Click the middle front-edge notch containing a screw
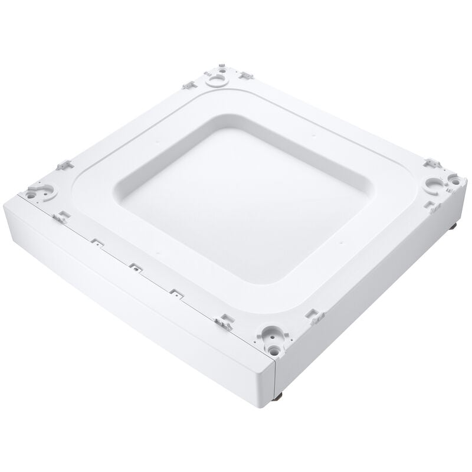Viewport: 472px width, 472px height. [135, 267]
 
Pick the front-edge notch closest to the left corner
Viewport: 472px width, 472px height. [94, 241]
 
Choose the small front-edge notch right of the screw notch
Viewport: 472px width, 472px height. [174, 291]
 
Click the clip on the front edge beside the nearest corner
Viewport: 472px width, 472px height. [224, 322]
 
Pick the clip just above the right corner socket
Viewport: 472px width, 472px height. [431, 163]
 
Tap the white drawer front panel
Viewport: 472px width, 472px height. [136, 307]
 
